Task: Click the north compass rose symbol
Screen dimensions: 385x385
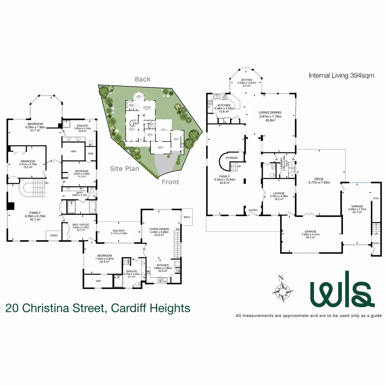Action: (283, 291)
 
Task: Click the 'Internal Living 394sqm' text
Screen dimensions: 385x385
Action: (339, 76)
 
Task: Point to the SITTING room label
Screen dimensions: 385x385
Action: (246, 80)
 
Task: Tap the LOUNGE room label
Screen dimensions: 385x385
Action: (279, 194)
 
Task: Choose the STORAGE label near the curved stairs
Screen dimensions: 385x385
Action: (231, 158)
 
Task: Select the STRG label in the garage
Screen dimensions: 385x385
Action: (375, 198)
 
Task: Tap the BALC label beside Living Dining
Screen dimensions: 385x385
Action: (187, 217)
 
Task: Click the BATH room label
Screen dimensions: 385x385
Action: (79, 192)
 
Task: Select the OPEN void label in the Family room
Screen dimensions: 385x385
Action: (53, 236)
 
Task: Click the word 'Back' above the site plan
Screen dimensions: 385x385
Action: (143, 79)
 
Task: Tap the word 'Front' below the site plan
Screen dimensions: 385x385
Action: (171, 182)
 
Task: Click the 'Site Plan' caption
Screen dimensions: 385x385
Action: (124, 169)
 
